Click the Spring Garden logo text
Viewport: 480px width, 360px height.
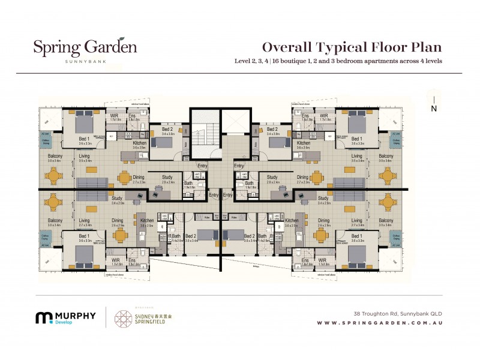[x=85, y=47]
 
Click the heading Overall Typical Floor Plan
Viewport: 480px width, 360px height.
[x=352, y=48]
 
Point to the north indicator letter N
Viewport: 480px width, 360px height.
[x=433, y=109]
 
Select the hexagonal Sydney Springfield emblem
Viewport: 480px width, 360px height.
[x=125, y=318]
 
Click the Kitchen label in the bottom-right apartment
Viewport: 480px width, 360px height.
[x=292, y=221]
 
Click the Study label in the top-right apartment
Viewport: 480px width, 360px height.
[x=272, y=177]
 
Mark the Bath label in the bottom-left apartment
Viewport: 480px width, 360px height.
[x=176, y=236]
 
